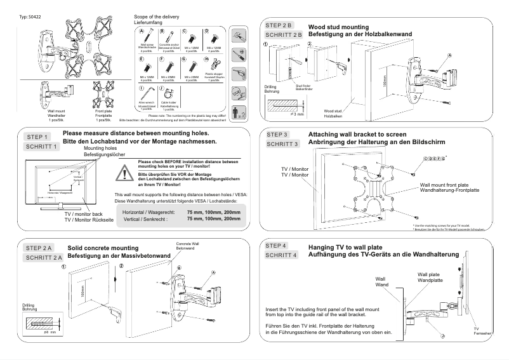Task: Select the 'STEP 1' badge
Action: pyautogui.click(x=38, y=137)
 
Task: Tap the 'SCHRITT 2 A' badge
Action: pyautogui.click(x=43, y=258)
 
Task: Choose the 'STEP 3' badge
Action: pyautogui.click(x=277, y=135)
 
